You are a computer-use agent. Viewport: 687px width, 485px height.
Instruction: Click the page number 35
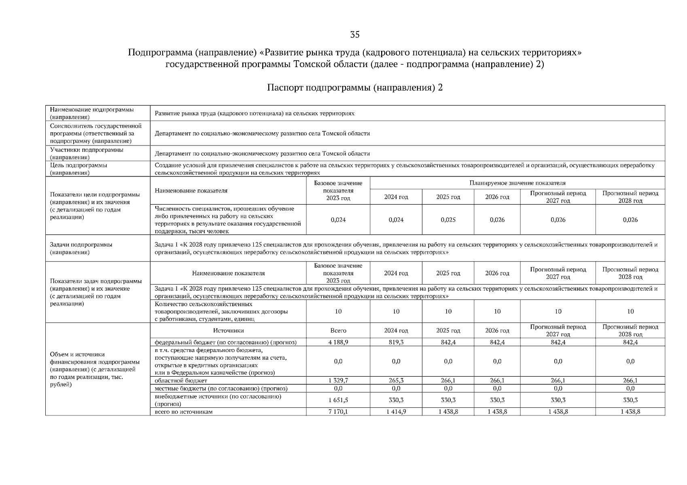click(354, 35)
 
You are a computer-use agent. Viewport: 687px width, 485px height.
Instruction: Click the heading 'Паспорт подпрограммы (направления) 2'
click(355, 88)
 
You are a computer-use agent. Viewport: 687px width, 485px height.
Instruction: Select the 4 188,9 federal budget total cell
click(338, 342)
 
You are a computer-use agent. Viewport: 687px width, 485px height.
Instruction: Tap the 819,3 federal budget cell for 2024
click(396, 342)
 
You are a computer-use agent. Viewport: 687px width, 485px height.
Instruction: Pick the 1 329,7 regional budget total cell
click(338, 381)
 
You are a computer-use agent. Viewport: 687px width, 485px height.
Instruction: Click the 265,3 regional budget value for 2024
click(396, 381)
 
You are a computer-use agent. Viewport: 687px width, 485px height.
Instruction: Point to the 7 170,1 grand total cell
click(338, 412)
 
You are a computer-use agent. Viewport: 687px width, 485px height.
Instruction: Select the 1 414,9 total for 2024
click(396, 412)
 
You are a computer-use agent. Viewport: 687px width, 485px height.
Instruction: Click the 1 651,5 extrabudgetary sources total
click(338, 400)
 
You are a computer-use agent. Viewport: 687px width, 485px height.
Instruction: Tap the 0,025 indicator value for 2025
click(448, 220)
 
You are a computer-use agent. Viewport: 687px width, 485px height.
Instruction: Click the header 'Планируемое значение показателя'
click(517, 183)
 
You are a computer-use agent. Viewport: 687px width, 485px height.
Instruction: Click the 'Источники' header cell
click(228, 331)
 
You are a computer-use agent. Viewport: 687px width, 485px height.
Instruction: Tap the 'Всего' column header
click(338, 331)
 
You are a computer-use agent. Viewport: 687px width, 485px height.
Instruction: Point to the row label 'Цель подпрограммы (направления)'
click(78, 169)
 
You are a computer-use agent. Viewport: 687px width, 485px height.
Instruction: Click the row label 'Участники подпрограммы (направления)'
click(87, 154)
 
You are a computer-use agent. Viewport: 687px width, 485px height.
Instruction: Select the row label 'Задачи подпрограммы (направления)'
click(81, 248)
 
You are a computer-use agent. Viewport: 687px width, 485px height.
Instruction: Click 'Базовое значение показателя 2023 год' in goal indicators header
click(338, 191)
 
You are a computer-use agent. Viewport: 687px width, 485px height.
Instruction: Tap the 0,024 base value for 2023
click(338, 220)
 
